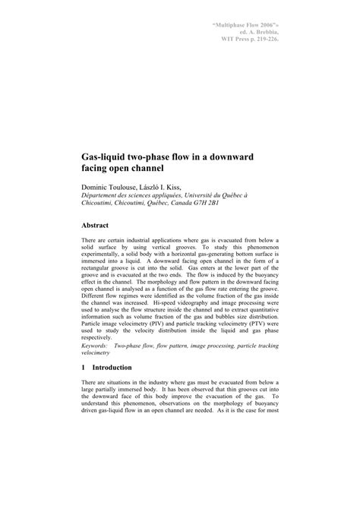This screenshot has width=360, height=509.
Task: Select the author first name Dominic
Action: coord(96,186)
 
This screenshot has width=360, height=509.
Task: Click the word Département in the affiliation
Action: coord(104,194)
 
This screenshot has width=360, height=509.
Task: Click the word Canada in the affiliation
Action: coord(193,203)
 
